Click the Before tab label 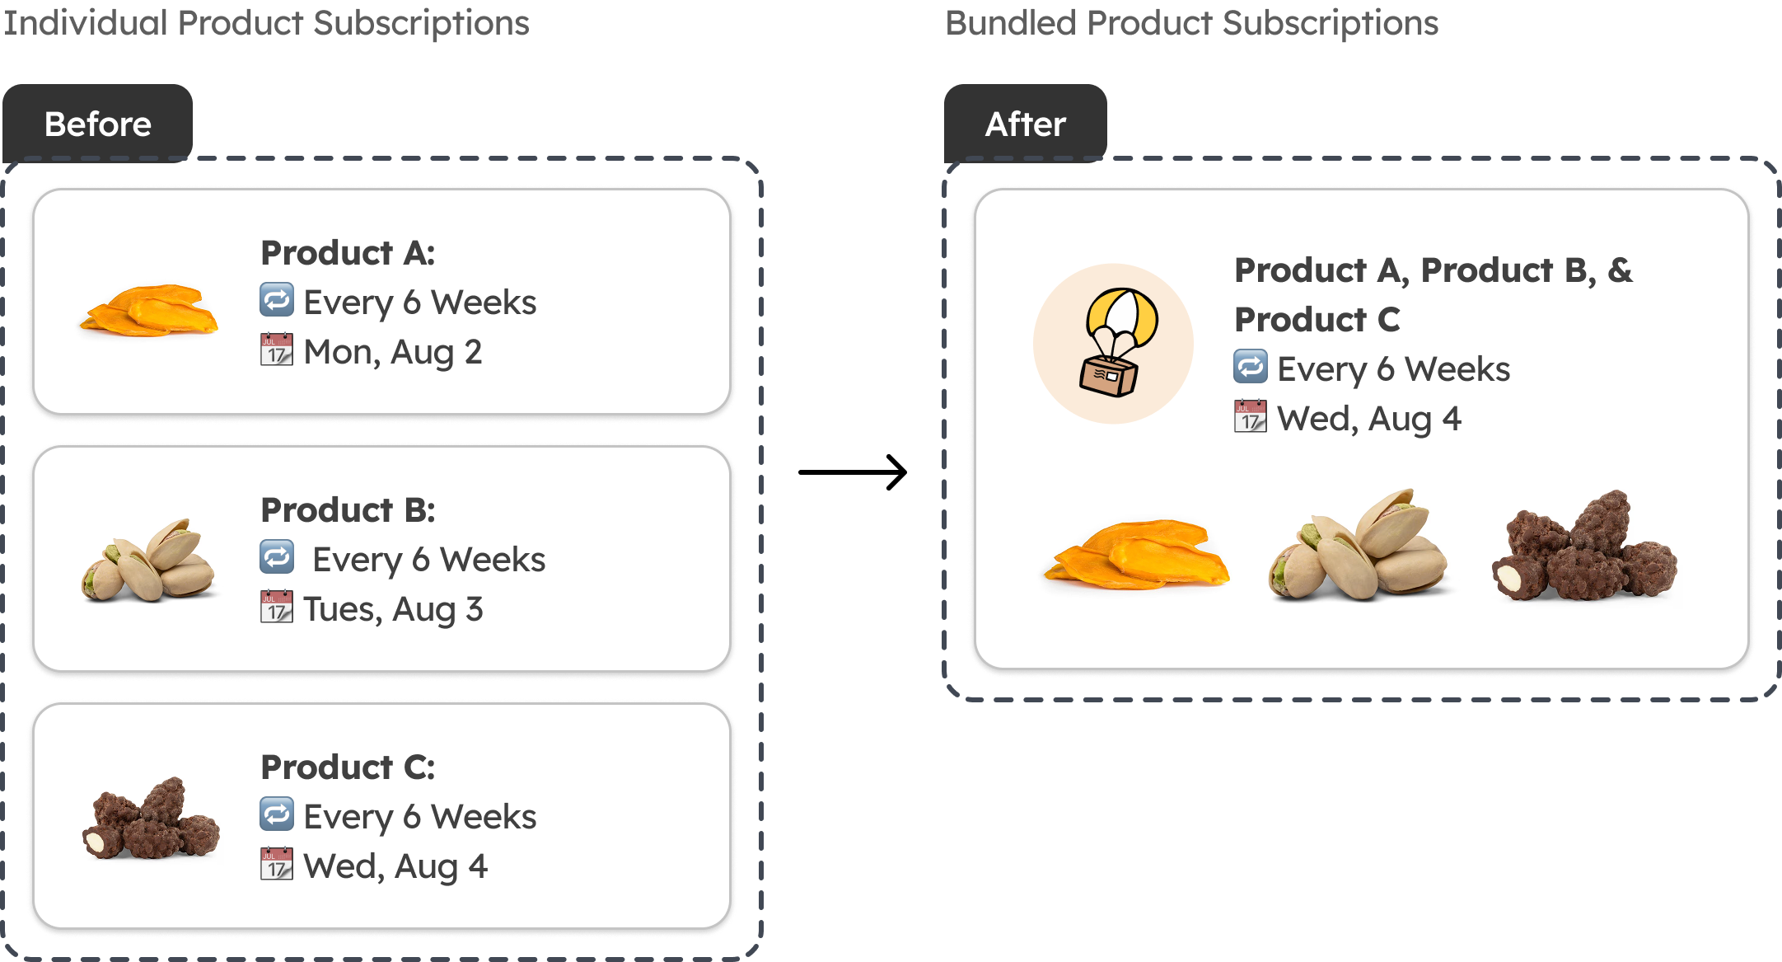[98, 124]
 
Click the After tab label [1026, 124]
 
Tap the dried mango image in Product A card [149, 311]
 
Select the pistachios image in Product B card [149, 561]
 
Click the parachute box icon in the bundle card [1114, 344]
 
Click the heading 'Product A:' [348, 253]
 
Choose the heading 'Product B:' [348, 510]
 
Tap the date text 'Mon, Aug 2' [392, 352]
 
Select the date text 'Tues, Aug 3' [393, 609]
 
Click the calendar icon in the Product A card [277, 350]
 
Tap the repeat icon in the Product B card [277, 556]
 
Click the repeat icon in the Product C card [277, 814]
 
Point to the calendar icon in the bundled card [1251, 416]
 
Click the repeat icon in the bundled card [1251, 366]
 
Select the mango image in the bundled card [1137, 554]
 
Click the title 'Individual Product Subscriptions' [266, 23]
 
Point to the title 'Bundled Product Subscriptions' [1191, 23]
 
